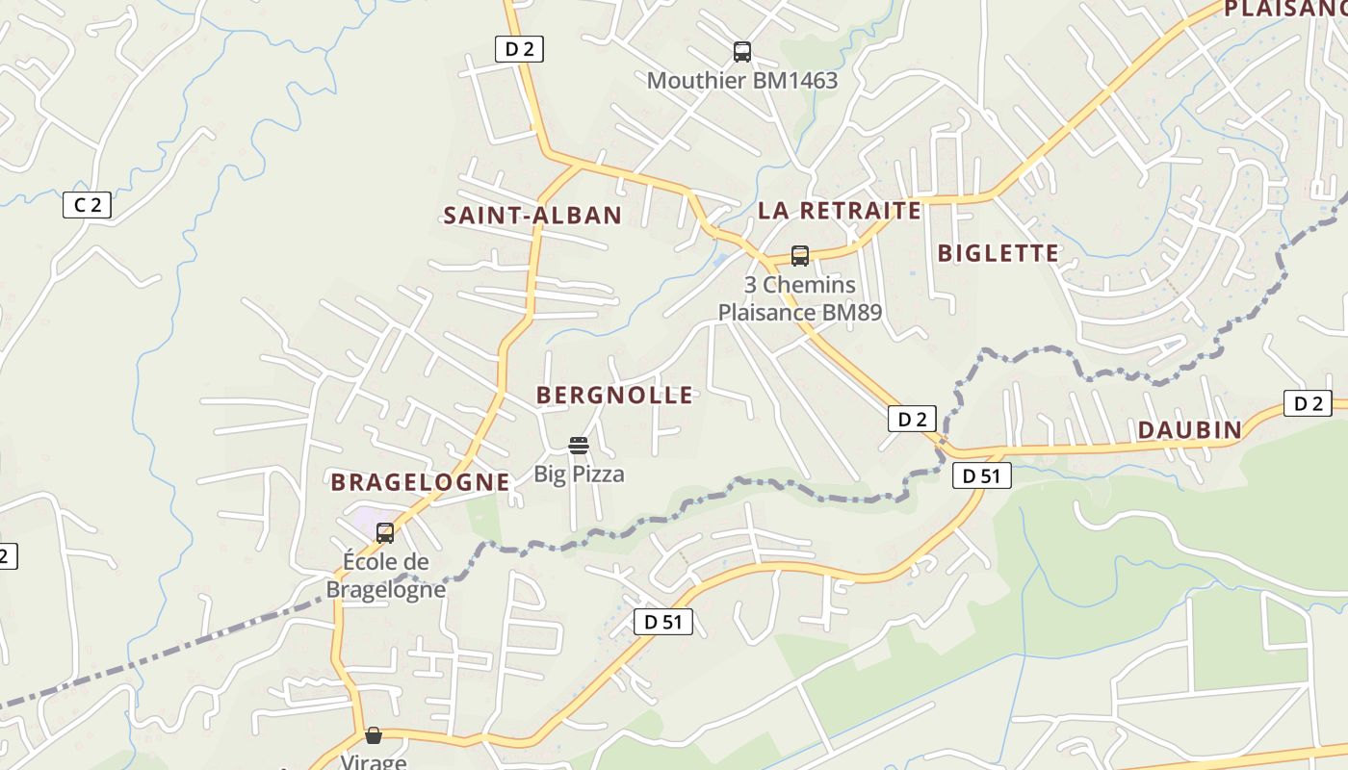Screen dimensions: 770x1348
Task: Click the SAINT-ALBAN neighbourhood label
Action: [532, 215]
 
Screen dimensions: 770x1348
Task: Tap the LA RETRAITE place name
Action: [840, 210]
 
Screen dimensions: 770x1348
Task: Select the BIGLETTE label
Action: [998, 253]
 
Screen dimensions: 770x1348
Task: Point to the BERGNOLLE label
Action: [614, 395]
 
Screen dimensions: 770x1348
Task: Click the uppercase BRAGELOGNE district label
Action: [420, 482]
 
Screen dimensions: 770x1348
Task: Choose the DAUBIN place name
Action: [1190, 430]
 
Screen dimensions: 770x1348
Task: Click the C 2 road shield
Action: [88, 204]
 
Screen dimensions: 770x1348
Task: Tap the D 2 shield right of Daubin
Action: [1308, 403]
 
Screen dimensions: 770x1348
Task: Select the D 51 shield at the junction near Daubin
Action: [982, 475]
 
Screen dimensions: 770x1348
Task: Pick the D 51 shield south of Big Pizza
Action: [663, 622]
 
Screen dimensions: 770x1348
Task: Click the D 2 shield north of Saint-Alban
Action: [519, 49]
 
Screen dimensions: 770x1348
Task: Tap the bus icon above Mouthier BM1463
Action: [741, 52]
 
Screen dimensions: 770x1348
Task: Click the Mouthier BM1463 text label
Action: [742, 81]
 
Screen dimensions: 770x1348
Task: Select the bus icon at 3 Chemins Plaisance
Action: [800, 256]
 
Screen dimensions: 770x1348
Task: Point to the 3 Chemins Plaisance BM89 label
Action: [800, 299]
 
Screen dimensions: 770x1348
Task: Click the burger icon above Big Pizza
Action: [579, 445]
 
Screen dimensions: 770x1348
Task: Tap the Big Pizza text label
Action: [580, 474]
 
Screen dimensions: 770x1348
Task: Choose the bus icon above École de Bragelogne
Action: [385, 532]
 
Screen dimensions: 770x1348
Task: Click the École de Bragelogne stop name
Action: [386, 575]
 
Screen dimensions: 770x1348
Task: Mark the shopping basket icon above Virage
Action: [374, 735]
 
